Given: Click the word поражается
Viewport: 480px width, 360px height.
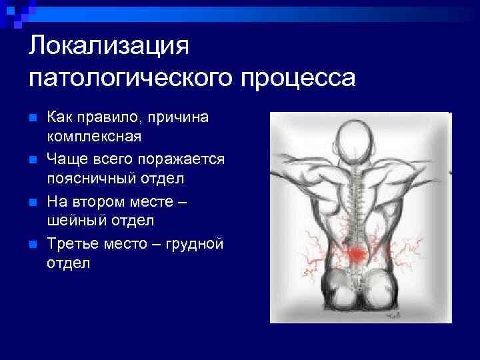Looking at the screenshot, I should pos(189,159).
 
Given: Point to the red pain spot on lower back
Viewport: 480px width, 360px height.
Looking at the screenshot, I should pos(359,253).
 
